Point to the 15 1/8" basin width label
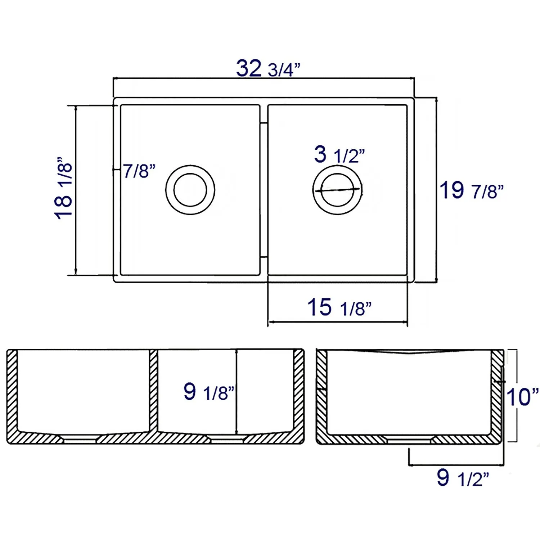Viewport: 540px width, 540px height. [339, 308]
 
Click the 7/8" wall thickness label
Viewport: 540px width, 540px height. [139, 171]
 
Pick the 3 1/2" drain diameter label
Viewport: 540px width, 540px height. [339, 155]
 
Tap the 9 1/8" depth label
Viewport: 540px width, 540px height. [209, 392]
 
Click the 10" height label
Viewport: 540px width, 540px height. [522, 397]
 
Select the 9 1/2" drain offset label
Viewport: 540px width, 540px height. [463, 478]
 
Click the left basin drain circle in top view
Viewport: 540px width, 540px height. [190, 190]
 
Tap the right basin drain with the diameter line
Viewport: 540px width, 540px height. [337, 190]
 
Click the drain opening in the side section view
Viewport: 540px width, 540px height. [408, 440]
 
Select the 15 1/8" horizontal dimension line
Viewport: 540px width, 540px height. [338, 321]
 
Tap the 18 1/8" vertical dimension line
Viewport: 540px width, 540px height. [76, 190]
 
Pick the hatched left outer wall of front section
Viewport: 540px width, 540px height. [12, 392]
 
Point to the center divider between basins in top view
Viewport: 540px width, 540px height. [264, 190]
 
